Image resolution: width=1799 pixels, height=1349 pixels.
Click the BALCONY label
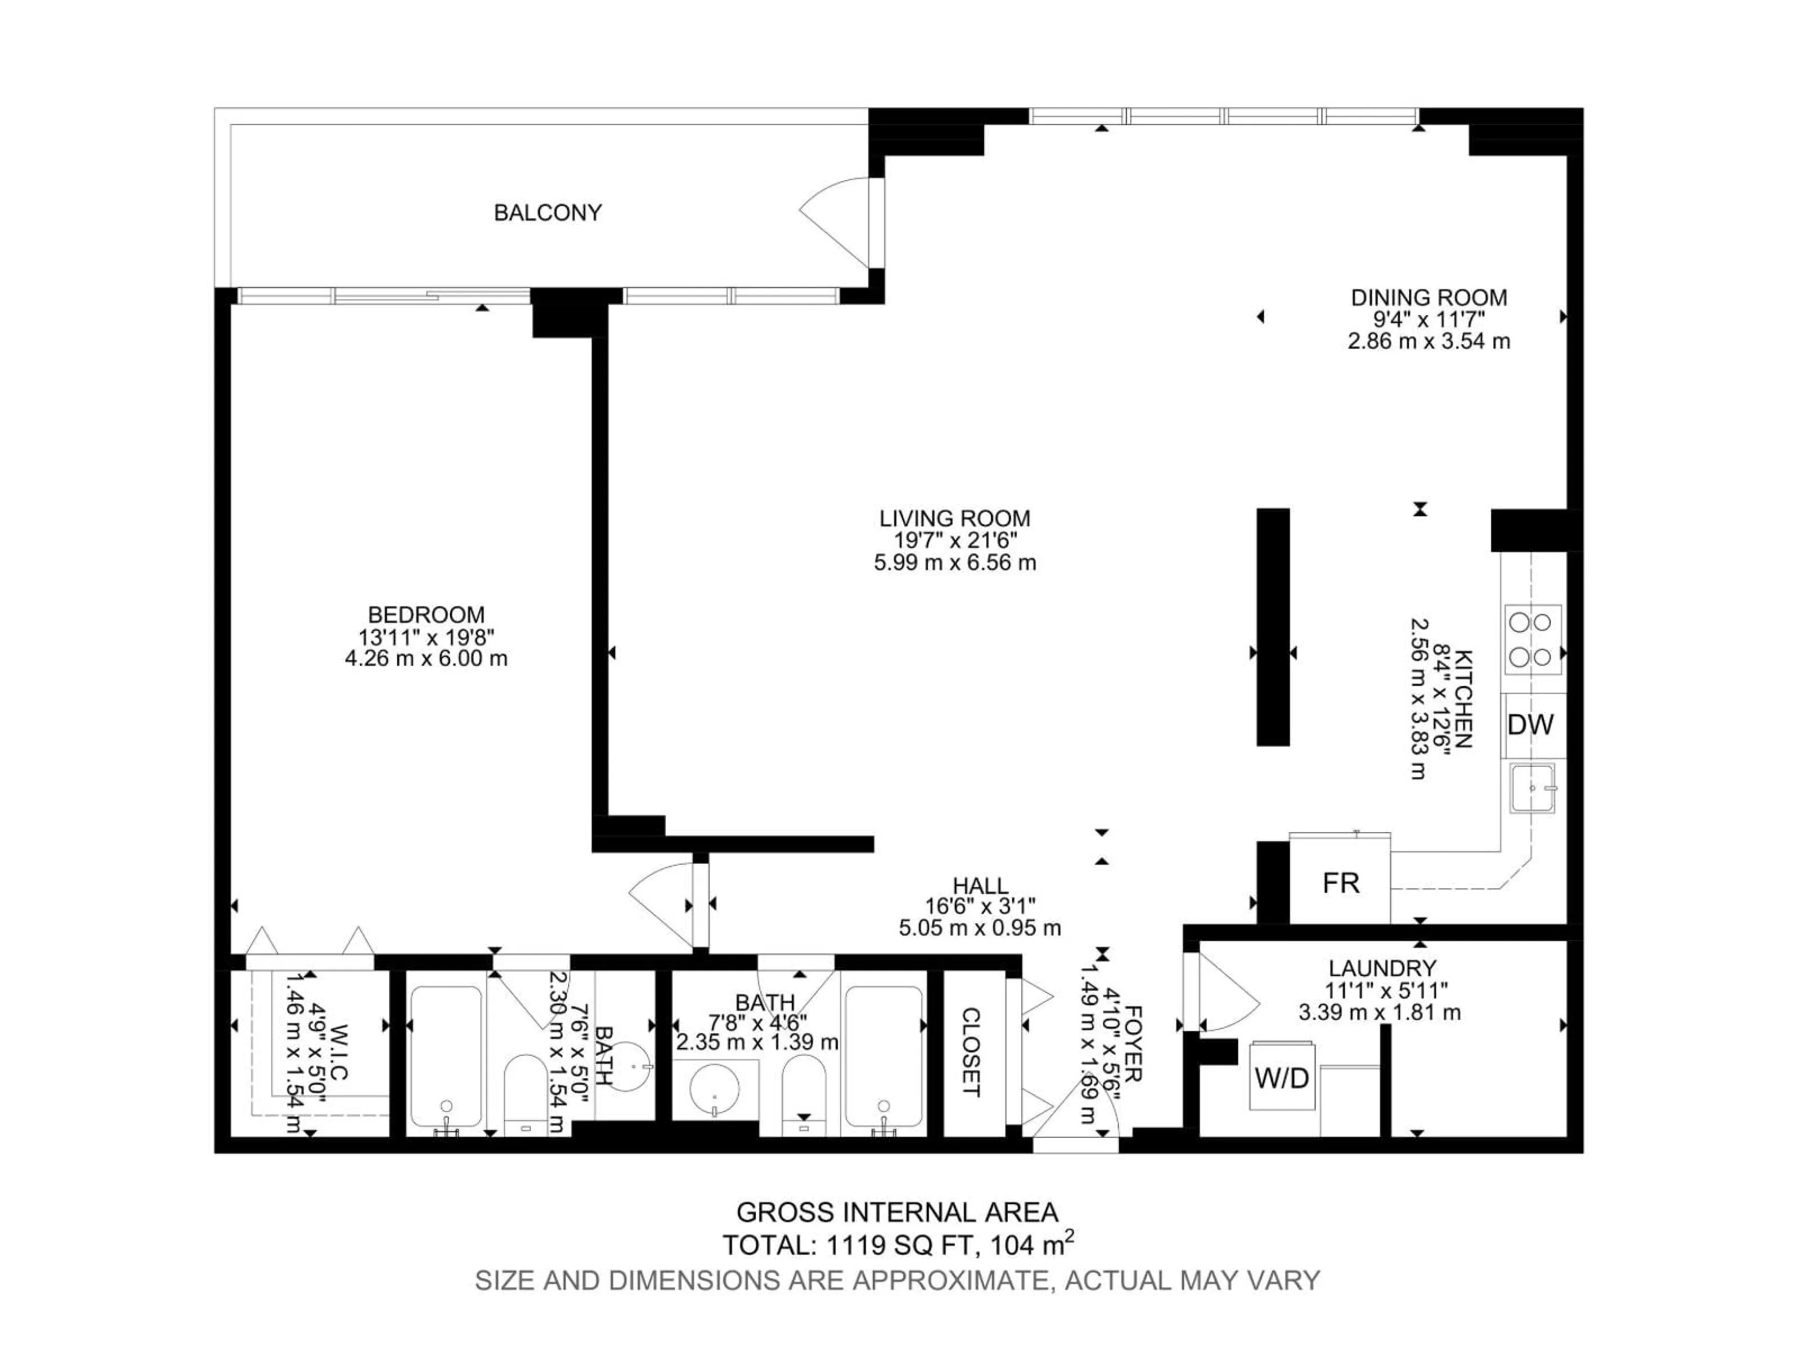(x=547, y=213)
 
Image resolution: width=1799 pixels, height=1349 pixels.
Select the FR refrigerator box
(x=1340, y=883)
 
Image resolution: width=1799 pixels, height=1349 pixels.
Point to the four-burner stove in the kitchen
(x=1532, y=639)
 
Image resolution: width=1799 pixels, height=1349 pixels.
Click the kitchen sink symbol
(x=1532, y=787)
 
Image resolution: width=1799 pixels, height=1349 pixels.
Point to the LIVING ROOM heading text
(x=955, y=518)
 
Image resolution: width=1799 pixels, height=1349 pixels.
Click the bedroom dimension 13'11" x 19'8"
(x=426, y=637)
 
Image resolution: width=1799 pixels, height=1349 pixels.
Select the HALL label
(x=980, y=885)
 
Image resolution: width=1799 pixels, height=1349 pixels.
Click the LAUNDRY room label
(x=1382, y=969)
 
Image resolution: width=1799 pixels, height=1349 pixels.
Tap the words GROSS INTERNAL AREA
(x=897, y=1212)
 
